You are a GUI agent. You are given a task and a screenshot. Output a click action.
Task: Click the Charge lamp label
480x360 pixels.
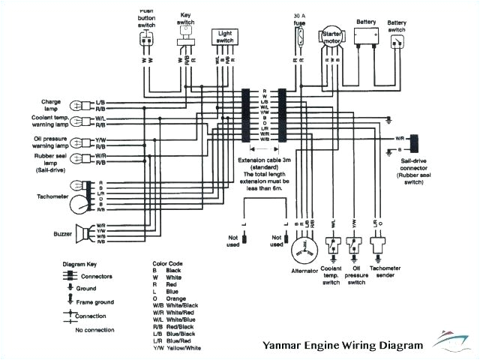point(61,103)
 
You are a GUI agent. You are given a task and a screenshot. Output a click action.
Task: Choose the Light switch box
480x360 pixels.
point(225,34)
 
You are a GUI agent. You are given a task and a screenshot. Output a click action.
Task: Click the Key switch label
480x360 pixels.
point(184,18)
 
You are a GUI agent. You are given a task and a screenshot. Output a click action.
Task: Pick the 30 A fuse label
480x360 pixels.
point(298,19)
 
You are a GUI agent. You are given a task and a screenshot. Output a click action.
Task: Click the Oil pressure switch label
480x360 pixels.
point(356,278)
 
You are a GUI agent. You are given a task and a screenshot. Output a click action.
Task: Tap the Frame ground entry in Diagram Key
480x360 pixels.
point(96,301)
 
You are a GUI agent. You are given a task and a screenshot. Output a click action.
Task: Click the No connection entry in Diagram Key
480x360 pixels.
point(94,330)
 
